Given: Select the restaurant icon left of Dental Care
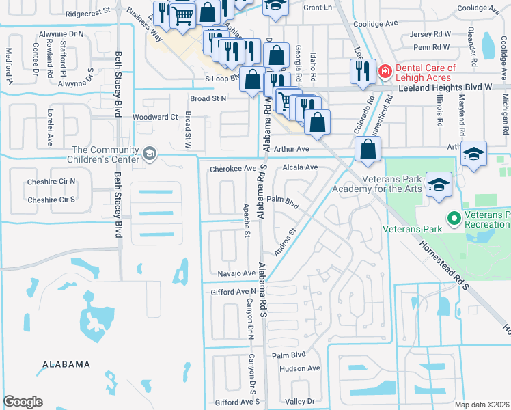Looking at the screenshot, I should [x=361, y=72].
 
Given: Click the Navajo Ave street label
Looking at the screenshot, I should [x=236, y=273].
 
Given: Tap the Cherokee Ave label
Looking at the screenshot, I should [x=233, y=168].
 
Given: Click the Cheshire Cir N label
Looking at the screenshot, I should [x=51, y=182].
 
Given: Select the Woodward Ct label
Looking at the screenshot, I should [x=155, y=117].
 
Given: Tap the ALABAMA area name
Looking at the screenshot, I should [x=65, y=364].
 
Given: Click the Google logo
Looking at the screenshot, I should [x=23, y=402].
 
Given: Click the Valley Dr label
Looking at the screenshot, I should [x=301, y=402].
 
